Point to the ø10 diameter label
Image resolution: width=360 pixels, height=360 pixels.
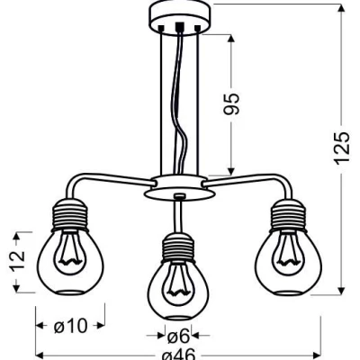69,327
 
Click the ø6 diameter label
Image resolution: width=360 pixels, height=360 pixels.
176,336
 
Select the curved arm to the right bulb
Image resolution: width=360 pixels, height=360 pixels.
252,184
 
